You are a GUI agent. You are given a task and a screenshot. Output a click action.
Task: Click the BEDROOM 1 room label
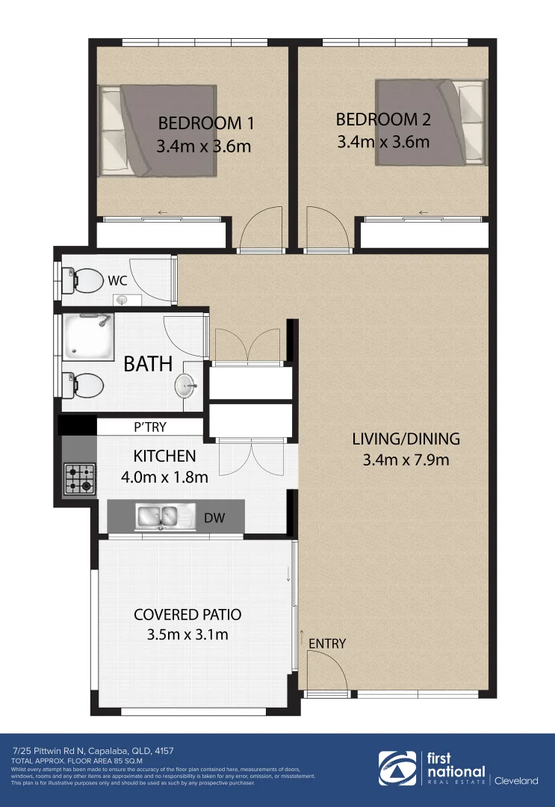click(200, 123)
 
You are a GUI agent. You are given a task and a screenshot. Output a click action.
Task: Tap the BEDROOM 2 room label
click(383, 120)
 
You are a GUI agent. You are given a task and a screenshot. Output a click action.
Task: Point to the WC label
click(117, 282)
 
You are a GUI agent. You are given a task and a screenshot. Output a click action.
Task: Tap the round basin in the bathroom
click(186, 386)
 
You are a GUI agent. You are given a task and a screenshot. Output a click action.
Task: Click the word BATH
click(148, 365)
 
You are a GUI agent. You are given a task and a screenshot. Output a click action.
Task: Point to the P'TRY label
click(149, 427)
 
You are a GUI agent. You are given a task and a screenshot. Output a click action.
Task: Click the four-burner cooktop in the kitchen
click(80, 479)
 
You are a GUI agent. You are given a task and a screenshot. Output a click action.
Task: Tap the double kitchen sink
click(157, 516)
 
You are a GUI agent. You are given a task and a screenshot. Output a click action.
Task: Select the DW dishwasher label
click(214, 517)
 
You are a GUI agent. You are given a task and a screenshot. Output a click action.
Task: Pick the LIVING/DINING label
click(406, 439)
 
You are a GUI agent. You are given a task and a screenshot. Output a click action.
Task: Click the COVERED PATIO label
click(187, 614)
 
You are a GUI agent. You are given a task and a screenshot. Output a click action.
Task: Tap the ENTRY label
click(326, 643)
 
